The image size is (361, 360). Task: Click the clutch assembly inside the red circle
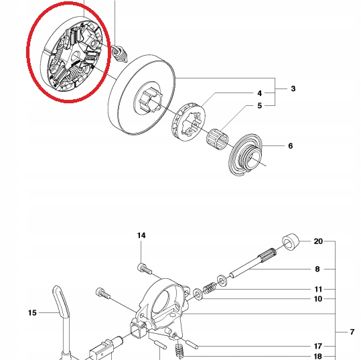click(71, 54)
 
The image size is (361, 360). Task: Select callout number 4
click(259, 93)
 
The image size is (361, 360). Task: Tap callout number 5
click(259, 105)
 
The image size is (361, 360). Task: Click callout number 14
click(141, 236)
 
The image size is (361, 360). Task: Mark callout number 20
click(318, 241)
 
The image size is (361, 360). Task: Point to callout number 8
click(317, 269)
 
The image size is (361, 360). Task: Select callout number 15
click(31, 312)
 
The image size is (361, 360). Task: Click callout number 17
click(318, 346)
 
